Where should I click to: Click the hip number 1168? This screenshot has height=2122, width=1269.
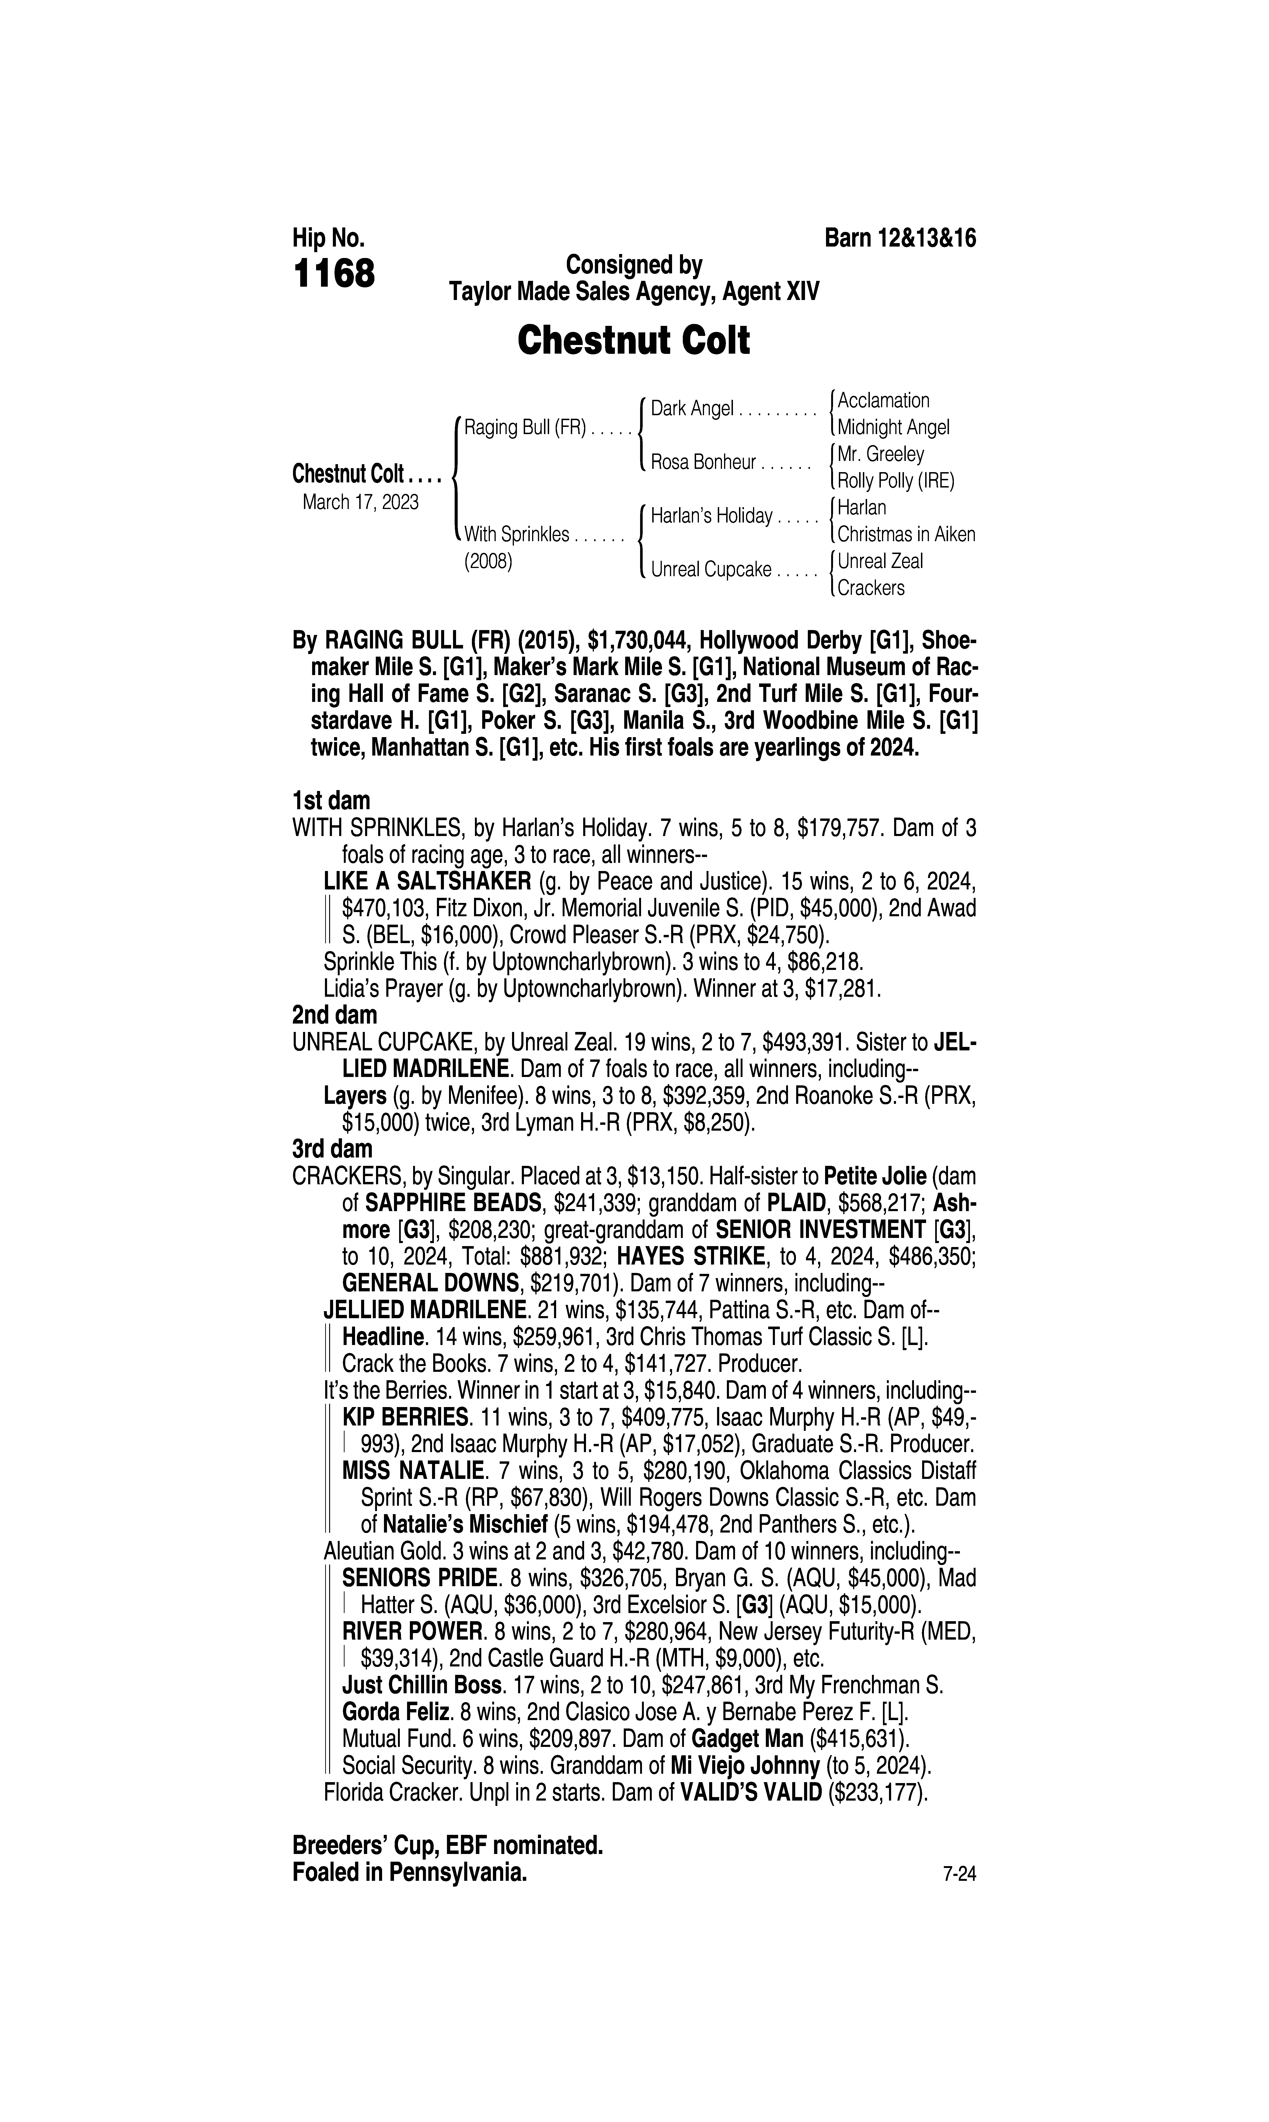(334, 275)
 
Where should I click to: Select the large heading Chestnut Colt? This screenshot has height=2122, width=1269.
(634, 340)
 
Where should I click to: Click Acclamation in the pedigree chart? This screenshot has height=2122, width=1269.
(883, 400)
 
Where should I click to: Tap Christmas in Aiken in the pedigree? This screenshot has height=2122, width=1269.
(906, 534)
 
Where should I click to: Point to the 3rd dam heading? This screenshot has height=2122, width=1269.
(333, 1149)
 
